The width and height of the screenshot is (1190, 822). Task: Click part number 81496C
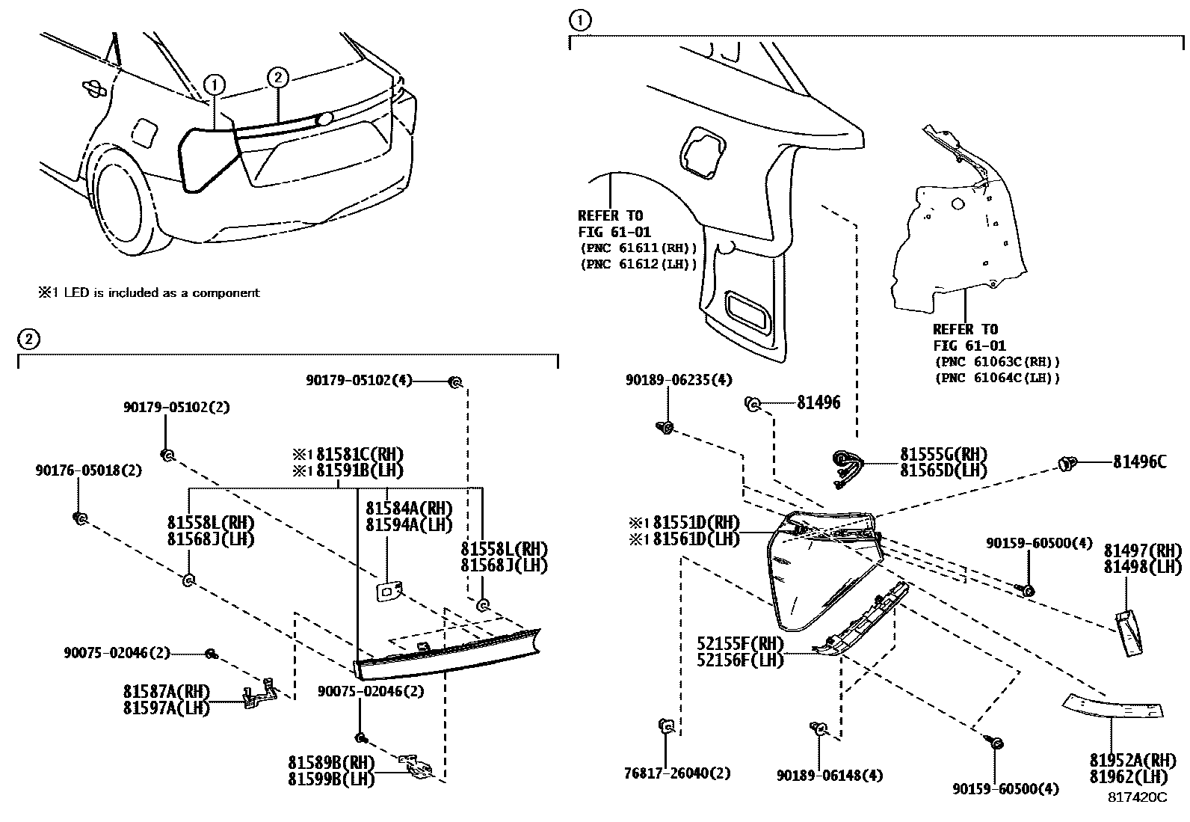[x=1138, y=463]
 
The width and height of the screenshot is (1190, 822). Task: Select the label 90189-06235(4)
[x=678, y=381]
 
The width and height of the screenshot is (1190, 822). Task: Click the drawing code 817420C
[x=1137, y=798]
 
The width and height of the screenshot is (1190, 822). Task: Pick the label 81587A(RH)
[x=167, y=690]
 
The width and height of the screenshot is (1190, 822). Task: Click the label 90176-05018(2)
[x=88, y=470]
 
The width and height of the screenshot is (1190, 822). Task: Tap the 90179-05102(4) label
[x=359, y=381]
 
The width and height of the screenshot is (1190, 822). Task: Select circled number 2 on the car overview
[x=277, y=77]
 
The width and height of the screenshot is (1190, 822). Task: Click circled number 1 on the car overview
[x=214, y=85]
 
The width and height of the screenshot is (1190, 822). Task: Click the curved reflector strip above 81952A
[x=1113, y=705]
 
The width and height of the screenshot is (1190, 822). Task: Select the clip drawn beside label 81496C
[x=1067, y=464]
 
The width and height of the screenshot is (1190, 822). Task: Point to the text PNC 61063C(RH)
[x=996, y=362]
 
